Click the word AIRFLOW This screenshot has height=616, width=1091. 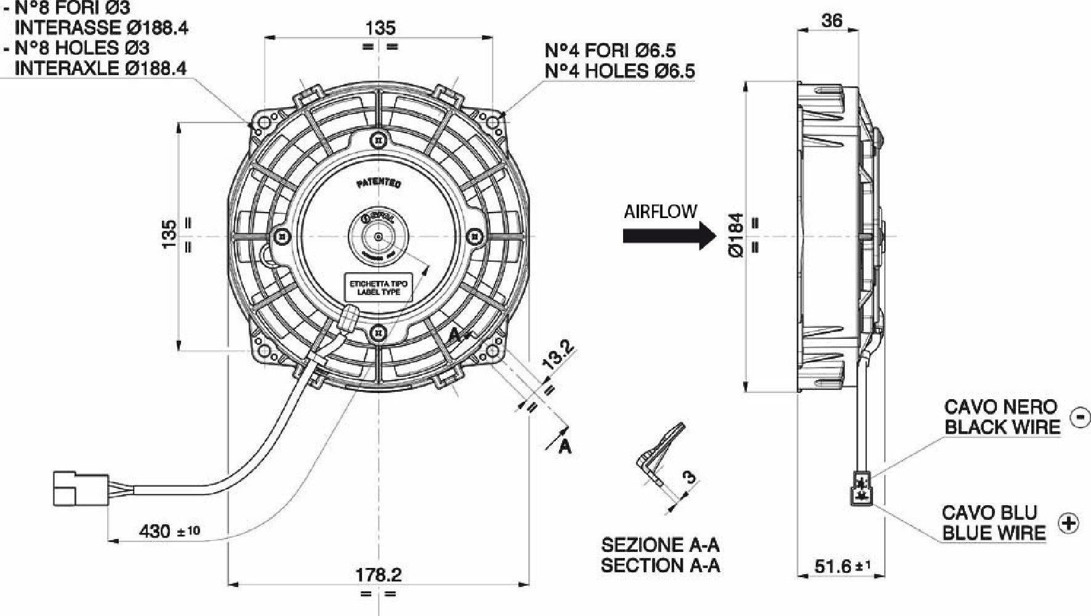tap(660, 212)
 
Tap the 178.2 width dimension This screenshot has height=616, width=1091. tap(378, 575)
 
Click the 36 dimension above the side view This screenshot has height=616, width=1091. tap(831, 20)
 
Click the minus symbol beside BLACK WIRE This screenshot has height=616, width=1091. tap(1080, 417)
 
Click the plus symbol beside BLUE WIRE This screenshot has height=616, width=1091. tap(1068, 523)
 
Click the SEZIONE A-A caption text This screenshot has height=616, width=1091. tap(660, 545)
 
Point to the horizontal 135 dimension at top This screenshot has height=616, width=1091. tap(380, 28)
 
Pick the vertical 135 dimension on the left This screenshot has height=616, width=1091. tap(169, 235)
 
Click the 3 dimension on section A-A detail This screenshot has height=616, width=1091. tap(689, 476)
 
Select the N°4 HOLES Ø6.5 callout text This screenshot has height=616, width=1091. tap(619, 71)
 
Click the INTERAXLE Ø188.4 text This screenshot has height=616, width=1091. tap(100, 68)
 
